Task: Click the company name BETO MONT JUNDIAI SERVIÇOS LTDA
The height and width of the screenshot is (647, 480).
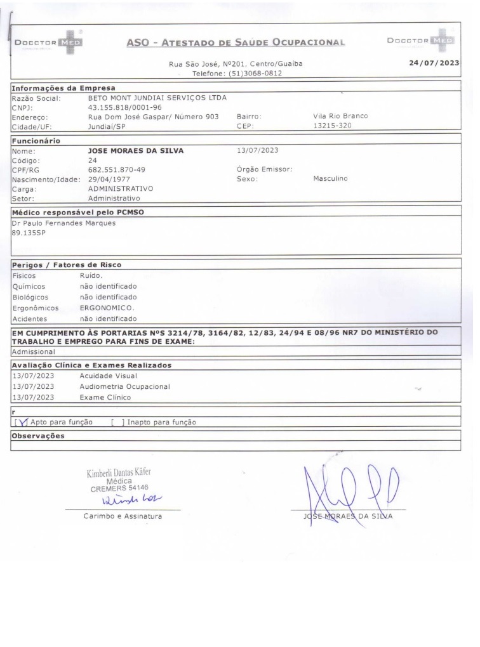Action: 157,98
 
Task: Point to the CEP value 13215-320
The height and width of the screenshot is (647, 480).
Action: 333,126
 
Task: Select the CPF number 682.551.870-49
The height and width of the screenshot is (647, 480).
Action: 116,170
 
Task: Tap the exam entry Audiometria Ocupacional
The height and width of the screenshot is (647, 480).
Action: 124,386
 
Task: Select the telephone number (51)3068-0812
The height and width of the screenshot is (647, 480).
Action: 246,74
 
